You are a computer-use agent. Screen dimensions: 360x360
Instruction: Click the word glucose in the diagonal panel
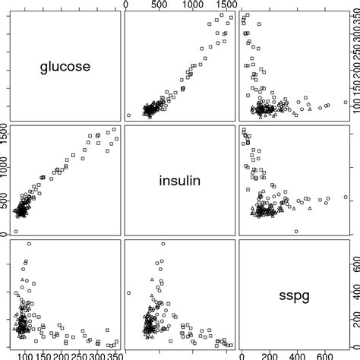65,67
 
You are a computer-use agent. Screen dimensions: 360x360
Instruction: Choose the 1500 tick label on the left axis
5,134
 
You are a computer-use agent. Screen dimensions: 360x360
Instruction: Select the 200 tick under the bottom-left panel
59,355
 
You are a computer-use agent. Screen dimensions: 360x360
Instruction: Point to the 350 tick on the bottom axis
112,355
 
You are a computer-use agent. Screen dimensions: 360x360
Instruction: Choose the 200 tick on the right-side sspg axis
355,326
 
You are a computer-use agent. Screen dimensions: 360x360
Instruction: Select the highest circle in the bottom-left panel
29,244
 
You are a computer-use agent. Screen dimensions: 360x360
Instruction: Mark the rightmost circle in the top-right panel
346,103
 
